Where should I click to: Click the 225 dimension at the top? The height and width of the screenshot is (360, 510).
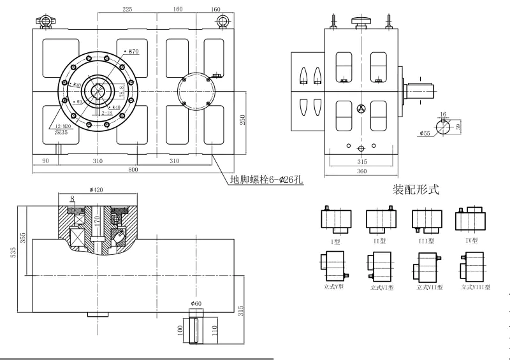click(x=127, y=10)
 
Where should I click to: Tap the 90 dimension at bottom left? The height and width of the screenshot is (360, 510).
click(x=45, y=161)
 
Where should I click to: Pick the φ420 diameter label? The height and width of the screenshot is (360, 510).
click(x=96, y=189)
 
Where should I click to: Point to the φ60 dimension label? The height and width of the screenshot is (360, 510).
click(x=196, y=303)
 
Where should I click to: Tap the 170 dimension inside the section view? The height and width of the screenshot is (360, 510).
click(x=98, y=222)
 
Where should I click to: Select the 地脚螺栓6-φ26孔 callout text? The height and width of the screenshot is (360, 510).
click(x=266, y=180)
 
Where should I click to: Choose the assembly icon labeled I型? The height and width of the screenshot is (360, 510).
click(x=336, y=220)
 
